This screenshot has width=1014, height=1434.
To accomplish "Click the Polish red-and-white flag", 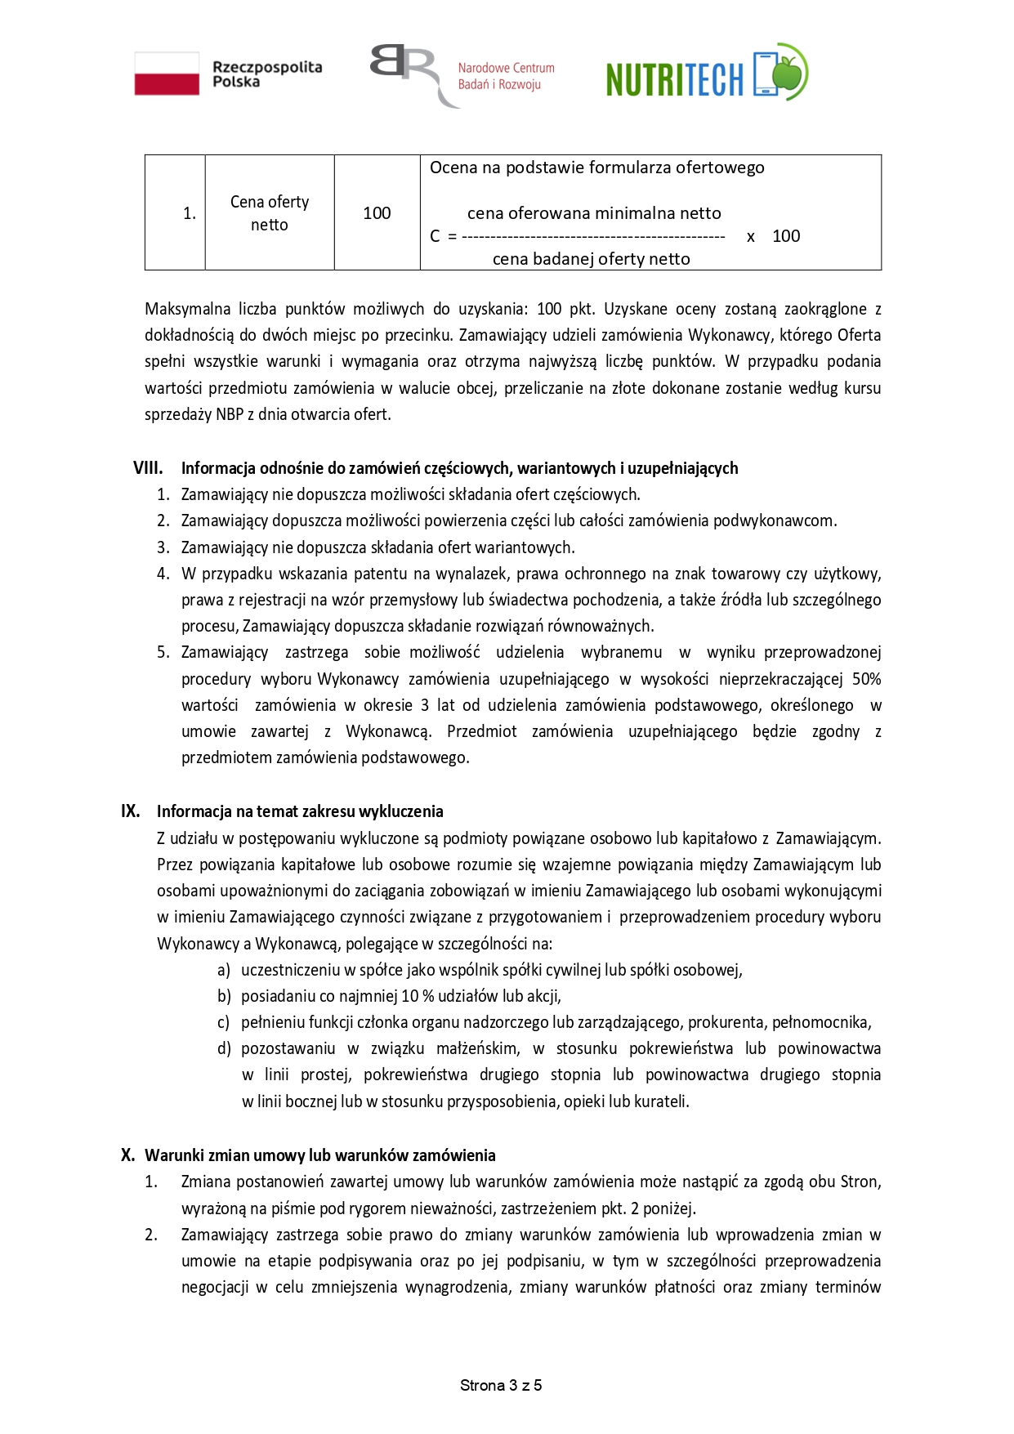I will pyautogui.click(x=167, y=74).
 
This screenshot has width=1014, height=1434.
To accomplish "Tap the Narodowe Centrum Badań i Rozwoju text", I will pyautogui.click(x=506, y=76).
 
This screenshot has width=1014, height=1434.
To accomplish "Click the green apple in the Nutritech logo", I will pyautogui.click(x=790, y=73).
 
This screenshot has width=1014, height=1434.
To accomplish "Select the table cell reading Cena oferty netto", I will pyautogui.click(x=270, y=212).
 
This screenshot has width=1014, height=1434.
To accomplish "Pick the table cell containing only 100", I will pyautogui.click(x=377, y=212).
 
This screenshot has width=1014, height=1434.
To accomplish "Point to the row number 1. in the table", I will pyautogui.click(x=190, y=213).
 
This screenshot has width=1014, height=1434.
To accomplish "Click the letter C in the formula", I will pyautogui.click(x=435, y=236).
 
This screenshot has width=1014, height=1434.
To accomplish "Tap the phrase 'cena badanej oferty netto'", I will pyautogui.click(x=591, y=259).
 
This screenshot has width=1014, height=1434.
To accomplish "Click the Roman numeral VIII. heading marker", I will pyautogui.click(x=148, y=468).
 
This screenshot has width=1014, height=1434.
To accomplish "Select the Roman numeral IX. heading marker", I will pyautogui.click(x=131, y=811).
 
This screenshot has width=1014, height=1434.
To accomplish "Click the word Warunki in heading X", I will pyautogui.click(x=171, y=1155).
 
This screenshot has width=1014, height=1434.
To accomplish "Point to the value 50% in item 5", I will pyautogui.click(x=866, y=679).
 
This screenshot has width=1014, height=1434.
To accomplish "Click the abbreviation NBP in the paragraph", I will pyautogui.click(x=230, y=414).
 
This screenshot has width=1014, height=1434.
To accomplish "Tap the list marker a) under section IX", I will pyautogui.click(x=224, y=970).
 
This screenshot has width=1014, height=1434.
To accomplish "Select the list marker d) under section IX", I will pyautogui.click(x=224, y=1048).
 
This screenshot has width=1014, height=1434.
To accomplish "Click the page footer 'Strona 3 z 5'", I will pyautogui.click(x=501, y=1385).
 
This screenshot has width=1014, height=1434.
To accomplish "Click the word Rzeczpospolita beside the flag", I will pyautogui.click(x=267, y=67).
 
